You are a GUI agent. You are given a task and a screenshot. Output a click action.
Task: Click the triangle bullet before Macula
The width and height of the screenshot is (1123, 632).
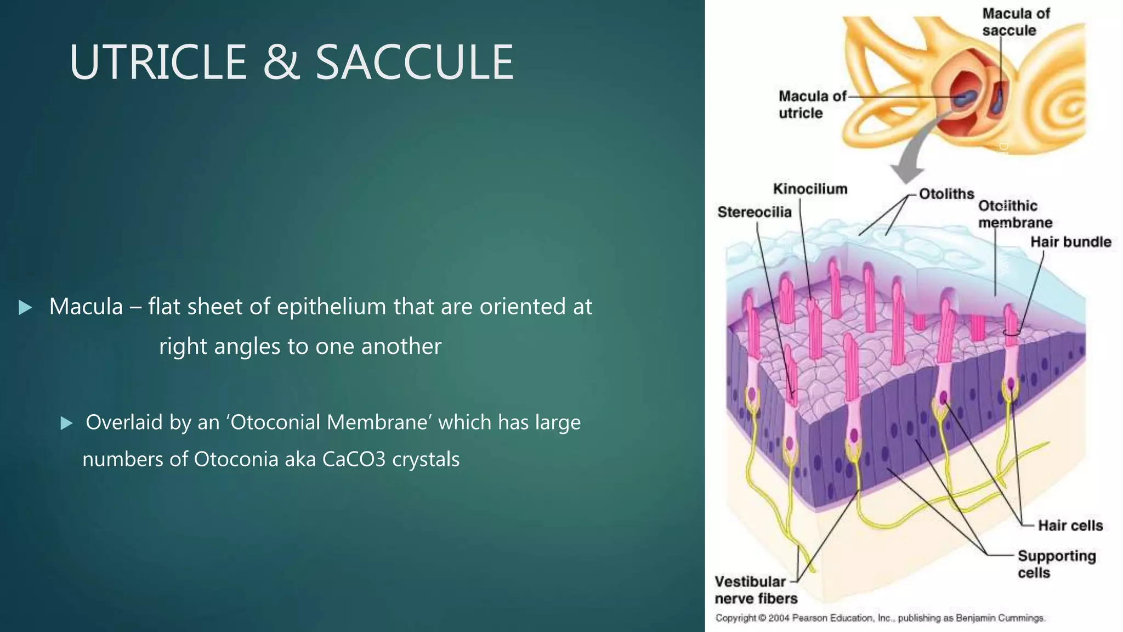coord(25,307)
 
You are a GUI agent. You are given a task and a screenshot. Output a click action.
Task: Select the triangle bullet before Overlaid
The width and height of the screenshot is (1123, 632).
coord(66,423)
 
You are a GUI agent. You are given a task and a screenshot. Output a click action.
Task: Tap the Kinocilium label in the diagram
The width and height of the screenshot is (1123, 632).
coord(810,189)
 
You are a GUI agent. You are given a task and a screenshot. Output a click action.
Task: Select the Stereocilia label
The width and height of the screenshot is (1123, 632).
coord(754,212)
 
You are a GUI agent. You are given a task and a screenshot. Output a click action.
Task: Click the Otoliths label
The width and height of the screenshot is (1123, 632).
coord(946,194)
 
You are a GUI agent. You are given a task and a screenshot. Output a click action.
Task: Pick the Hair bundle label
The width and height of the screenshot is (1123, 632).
coord(1070,242)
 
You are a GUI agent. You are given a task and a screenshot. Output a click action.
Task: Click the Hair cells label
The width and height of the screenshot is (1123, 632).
coord(1070,526)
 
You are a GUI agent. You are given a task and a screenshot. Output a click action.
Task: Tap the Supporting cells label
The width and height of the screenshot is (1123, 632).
coord(1056,564)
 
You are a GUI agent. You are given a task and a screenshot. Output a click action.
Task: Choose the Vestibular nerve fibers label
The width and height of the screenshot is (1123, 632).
coord(755,590)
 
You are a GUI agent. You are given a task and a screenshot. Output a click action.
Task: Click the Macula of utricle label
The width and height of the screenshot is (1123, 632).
coord(812,104)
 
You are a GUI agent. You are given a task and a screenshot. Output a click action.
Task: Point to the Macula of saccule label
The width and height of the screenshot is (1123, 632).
coord(1016,22)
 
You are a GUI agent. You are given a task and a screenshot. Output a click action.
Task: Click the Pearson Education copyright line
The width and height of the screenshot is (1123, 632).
coord(880,618)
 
